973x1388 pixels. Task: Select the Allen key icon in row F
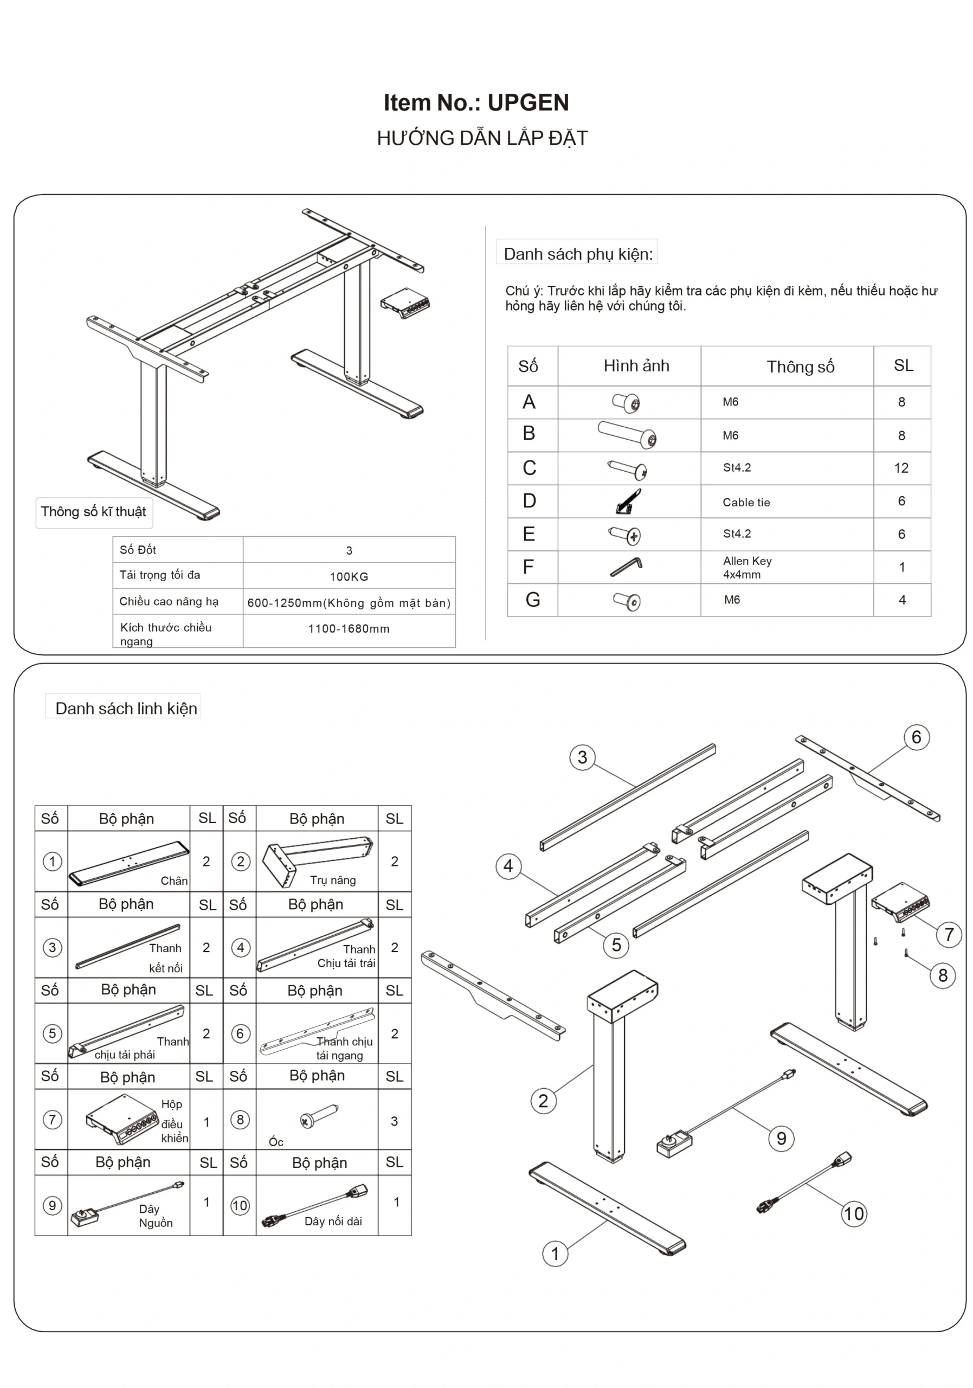point(626,567)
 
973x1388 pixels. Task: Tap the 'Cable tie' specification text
point(746,503)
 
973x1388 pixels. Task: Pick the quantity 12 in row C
point(900,468)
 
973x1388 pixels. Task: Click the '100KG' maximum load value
point(349,577)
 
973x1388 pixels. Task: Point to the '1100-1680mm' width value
point(349,629)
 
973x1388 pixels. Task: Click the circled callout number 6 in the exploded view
point(916,737)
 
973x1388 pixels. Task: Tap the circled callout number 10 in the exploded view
point(853,1213)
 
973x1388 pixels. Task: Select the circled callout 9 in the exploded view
point(781,1139)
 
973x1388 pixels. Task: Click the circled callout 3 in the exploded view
point(582,757)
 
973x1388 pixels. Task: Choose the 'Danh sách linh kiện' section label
point(126,709)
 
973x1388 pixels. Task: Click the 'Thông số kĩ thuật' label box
point(94,512)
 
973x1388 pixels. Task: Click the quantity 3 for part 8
point(394,1121)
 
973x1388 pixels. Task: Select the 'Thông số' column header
point(800,367)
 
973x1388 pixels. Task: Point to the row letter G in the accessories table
point(532,600)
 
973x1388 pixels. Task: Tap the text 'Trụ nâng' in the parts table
point(333,880)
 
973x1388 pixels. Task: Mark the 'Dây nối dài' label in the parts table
point(333,1221)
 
